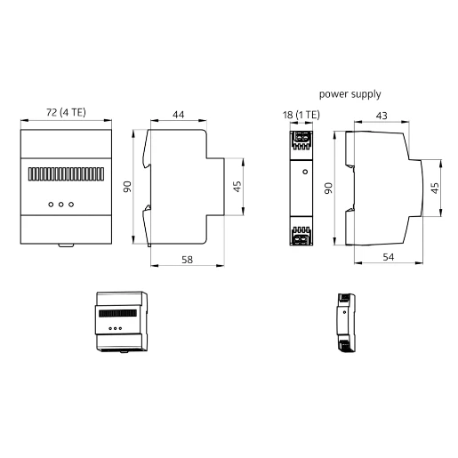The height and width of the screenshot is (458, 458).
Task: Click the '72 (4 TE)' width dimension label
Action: [x=66, y=114]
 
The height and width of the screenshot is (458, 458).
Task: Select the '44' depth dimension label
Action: [x=178, y=114]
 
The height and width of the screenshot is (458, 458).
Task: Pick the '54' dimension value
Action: [x=388, y=257]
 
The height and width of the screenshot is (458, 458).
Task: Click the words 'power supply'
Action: [x=350, y=92]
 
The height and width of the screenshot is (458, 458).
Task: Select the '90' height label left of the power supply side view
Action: [x=329, y=189]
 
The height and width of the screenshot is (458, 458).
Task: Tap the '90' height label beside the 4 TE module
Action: [x=128, y=187]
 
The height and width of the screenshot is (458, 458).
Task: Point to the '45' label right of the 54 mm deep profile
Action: [x=435, y=188]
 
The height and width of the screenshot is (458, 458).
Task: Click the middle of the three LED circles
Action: [x=60, y=204]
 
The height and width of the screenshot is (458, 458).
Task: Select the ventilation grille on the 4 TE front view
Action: [x=66, y=172]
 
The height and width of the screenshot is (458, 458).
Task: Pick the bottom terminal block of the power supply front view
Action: [x=301, y=237]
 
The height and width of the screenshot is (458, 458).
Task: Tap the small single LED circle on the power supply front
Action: [x=302, y=169]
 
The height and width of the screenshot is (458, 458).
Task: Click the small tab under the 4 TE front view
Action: [x=66, y=245]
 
